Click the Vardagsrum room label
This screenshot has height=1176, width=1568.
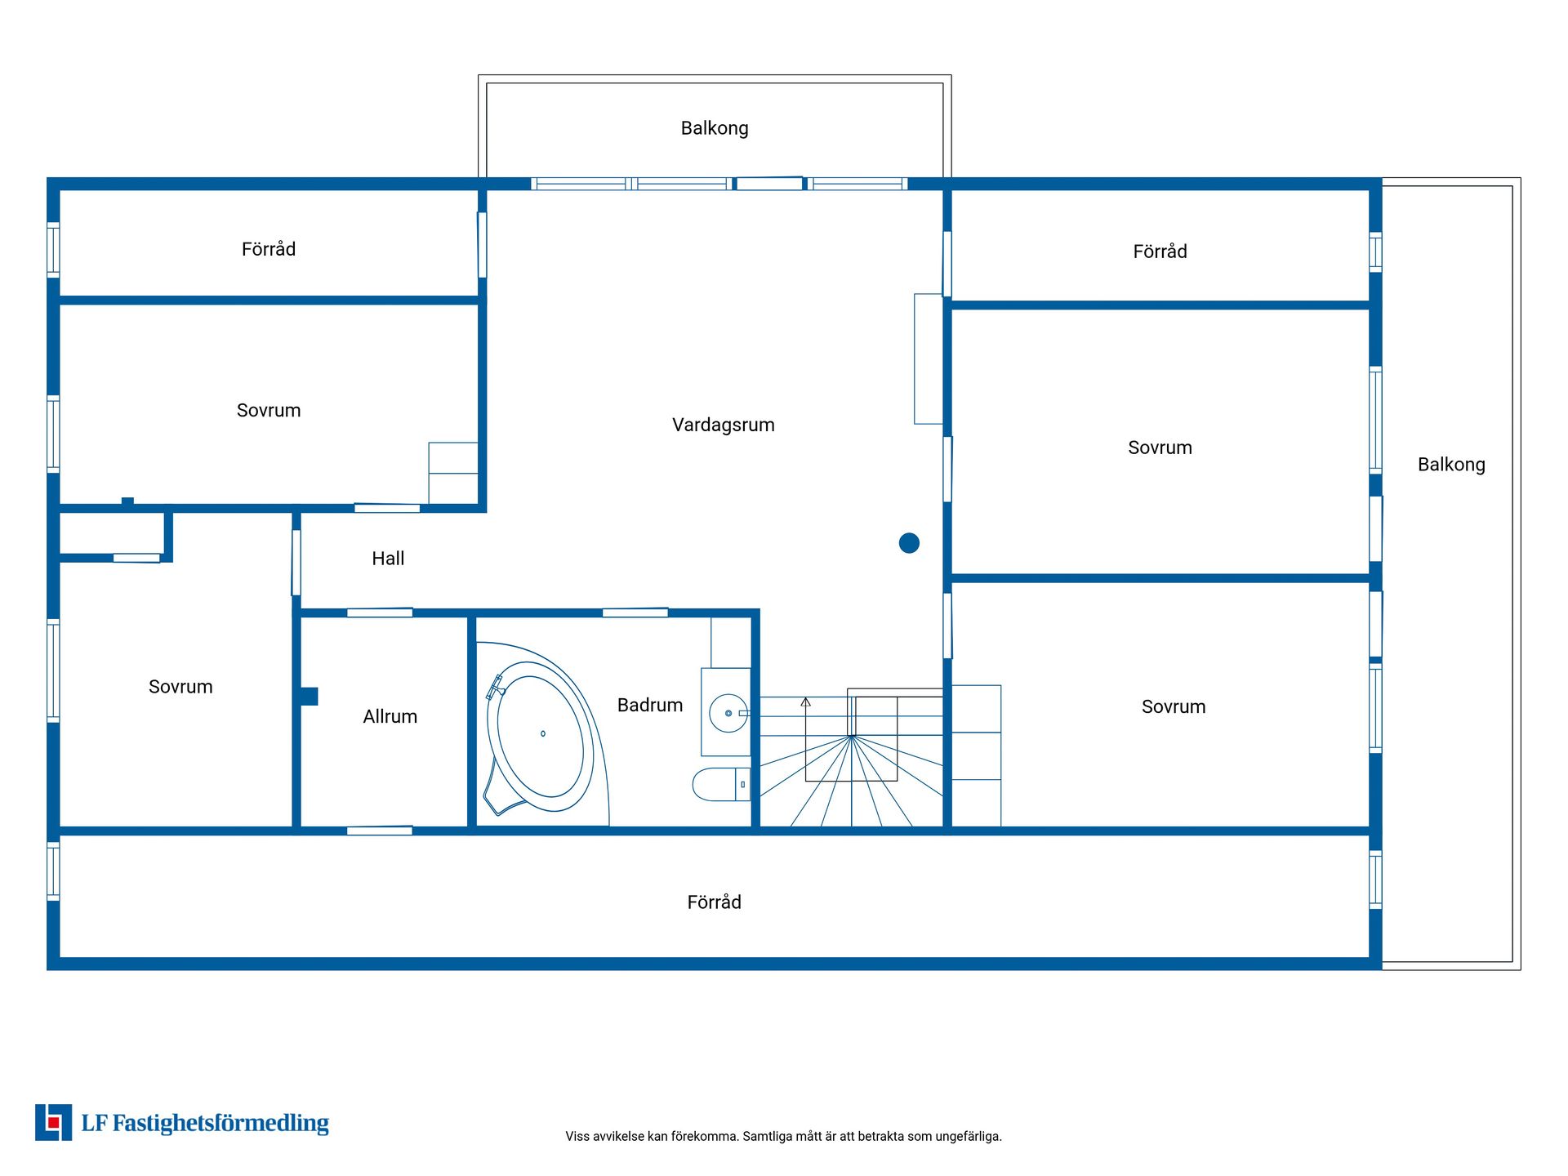click(x=723, y=425)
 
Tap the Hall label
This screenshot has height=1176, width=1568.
click(x=388, y=559)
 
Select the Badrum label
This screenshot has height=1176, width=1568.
click(x=650, y=705)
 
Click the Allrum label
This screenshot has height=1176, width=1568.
click(x=390, y=716)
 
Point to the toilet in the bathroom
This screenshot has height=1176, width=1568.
click(x=721, y=784)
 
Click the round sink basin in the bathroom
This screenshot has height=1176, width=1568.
click(x=728, y=713)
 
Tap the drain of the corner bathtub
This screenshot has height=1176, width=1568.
click(x=543, y=733)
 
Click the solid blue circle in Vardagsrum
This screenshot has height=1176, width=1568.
click(x=909, y=543)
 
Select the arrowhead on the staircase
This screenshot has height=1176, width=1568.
click(x=805, y=702)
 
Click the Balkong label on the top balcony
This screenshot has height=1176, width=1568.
click(x=715, y=128)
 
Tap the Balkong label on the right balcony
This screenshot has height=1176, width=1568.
click(x=1451, y=465)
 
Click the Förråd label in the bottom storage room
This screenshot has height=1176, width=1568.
click(x=715, y=902)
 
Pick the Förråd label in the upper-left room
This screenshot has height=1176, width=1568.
click(x=269, y=248)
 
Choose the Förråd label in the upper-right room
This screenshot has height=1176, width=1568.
click(x=1160, y=251)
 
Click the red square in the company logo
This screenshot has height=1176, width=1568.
click(x=54, y=1123)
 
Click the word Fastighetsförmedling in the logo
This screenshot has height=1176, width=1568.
click(x=220, y=1124)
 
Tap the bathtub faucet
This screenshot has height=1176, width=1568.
click(x=495, y=687)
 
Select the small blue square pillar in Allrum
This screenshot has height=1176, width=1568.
click(x=309, y=696)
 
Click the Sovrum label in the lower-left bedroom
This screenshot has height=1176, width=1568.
click(x=180, y=687)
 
